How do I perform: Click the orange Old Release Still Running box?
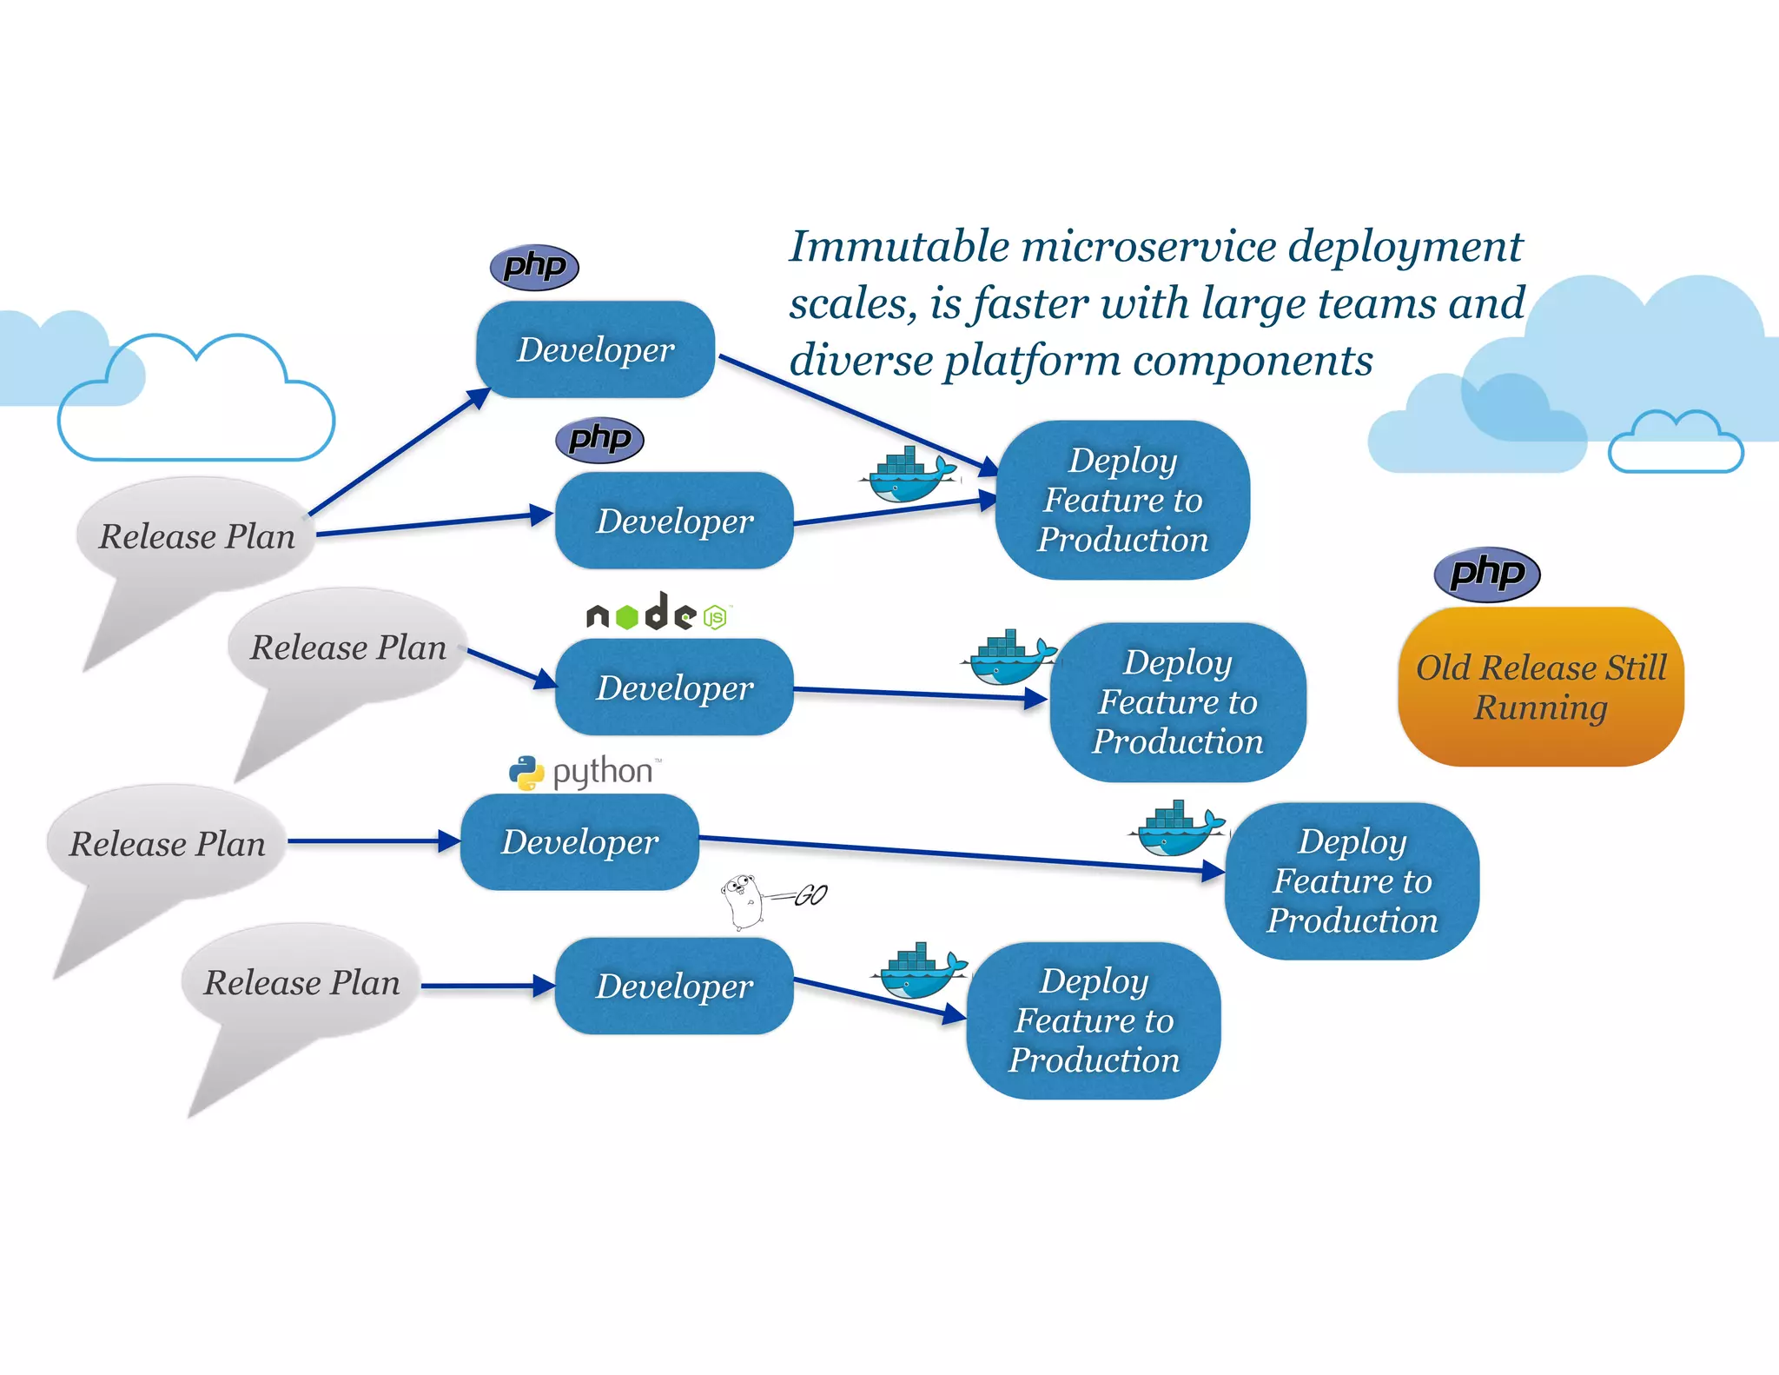[x=1540, y=687]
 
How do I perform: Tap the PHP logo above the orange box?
[x=1486, y=574]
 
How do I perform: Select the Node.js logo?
[x=658, y=613]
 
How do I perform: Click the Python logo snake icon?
[x=526, y=773]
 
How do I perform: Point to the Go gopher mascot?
[x=743, y=901]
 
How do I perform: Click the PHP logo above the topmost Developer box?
[x=534, y=266]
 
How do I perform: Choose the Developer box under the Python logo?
[x=579, y=841]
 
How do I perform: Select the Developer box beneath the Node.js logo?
[x=674, y=687]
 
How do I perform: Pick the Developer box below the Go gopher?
[x=674, y=986]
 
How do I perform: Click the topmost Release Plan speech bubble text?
[x=197, y=536]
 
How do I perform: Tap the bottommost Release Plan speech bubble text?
[x=301, y=983]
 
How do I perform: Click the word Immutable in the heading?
[x=899, y=247]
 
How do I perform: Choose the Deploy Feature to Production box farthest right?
[x=1352, y=880]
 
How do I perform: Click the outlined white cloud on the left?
[x=196, y=409]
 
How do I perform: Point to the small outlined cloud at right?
[x=1675, y=445]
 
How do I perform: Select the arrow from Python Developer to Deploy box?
[x=956, y=854]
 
